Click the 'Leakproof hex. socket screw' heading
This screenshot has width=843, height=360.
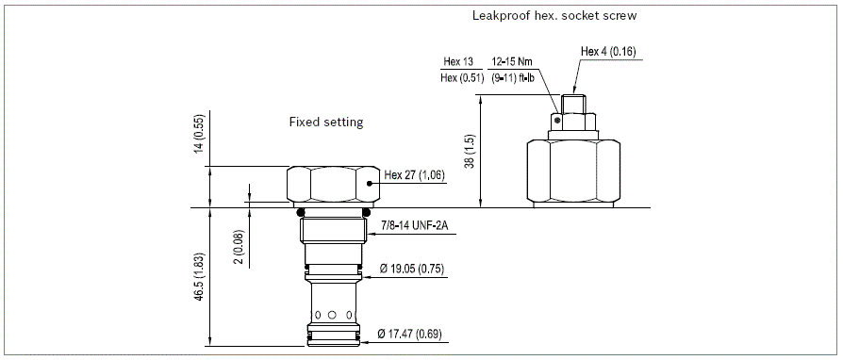click(x=554, y=16)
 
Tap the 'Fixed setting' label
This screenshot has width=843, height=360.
click(x=326, y=122)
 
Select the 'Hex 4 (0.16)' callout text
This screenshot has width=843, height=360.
click(x=608, y=52)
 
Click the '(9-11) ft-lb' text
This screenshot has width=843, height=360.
click(x=513, y=78)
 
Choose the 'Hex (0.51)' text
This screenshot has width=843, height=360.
click(x=462, y=78)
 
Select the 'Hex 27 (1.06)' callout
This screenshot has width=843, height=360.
click(x=414, y=175)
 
